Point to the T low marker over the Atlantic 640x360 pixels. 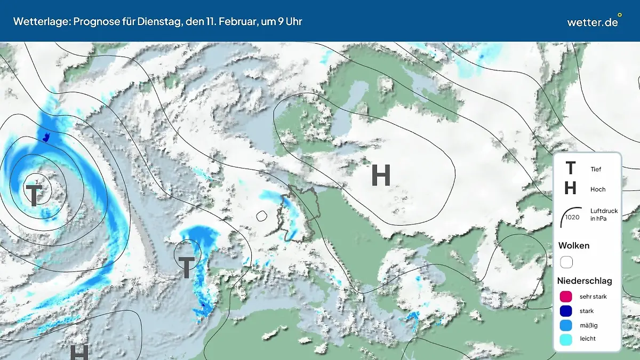34,195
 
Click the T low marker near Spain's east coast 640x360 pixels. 186,267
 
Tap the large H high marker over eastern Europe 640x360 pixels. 381,175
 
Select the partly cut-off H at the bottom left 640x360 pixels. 79,353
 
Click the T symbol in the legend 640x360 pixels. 570,169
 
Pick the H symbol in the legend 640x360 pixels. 570,188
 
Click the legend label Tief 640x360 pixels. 596,169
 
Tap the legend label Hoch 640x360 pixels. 598,189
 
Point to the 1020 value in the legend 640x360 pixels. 572,217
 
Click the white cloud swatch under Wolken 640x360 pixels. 566,262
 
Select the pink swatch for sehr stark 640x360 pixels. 566,297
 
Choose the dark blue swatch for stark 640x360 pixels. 566,311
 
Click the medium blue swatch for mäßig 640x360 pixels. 566,325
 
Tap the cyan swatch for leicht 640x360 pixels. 566,339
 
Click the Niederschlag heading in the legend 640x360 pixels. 585,281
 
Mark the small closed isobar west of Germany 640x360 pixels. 261,216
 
